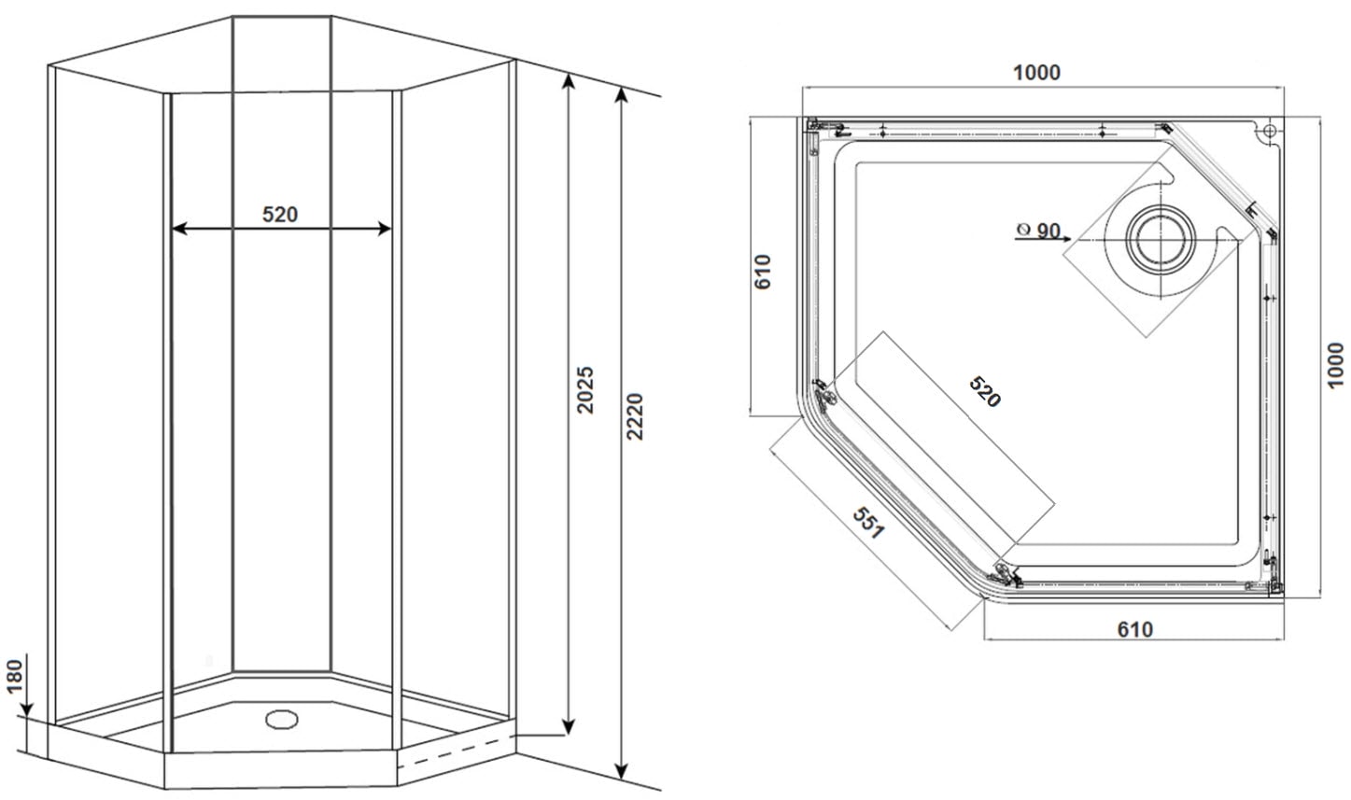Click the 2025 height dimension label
pos(585,389)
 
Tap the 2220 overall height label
pos(635,416)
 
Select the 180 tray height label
pos(15,676)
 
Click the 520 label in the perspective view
pos(280,214)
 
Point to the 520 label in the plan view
pos(984,391)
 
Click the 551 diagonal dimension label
pos(868,523)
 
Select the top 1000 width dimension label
pos(1036,72)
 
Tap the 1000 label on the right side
pos(1335,365)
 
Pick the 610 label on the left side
pos(763,272)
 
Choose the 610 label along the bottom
pos(1135,629)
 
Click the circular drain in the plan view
pos(1160,239)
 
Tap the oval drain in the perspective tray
pos(282,719)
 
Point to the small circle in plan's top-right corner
pos(1269,131)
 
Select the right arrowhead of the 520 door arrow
pos(384,229)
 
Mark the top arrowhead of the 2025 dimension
pos(569,81)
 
